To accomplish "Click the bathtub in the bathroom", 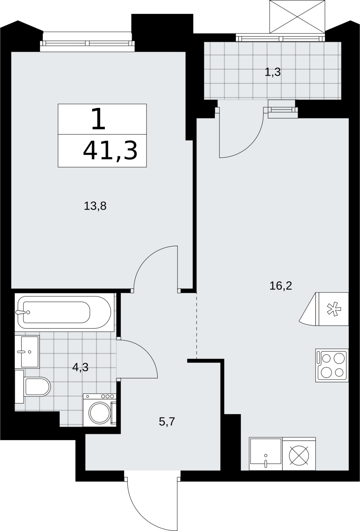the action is (x=64, y=312).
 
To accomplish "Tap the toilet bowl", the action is (x=37, y=387).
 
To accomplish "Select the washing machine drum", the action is (x=100, y=413).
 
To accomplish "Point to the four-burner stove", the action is (x=332, y=365).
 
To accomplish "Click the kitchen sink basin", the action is (x=266, y=454).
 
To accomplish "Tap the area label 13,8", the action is (x=95, y=206).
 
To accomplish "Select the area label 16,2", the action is (x=281, y=286).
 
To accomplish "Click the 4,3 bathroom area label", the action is (x=80, y=367).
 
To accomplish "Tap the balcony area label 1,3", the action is (x=273, y=72).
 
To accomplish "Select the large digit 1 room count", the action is (x=98, y=118).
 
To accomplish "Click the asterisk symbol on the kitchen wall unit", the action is (x=334, y=309).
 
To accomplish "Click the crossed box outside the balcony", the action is (x=297, y=17).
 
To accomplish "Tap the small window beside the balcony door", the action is (x=283, y=109).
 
